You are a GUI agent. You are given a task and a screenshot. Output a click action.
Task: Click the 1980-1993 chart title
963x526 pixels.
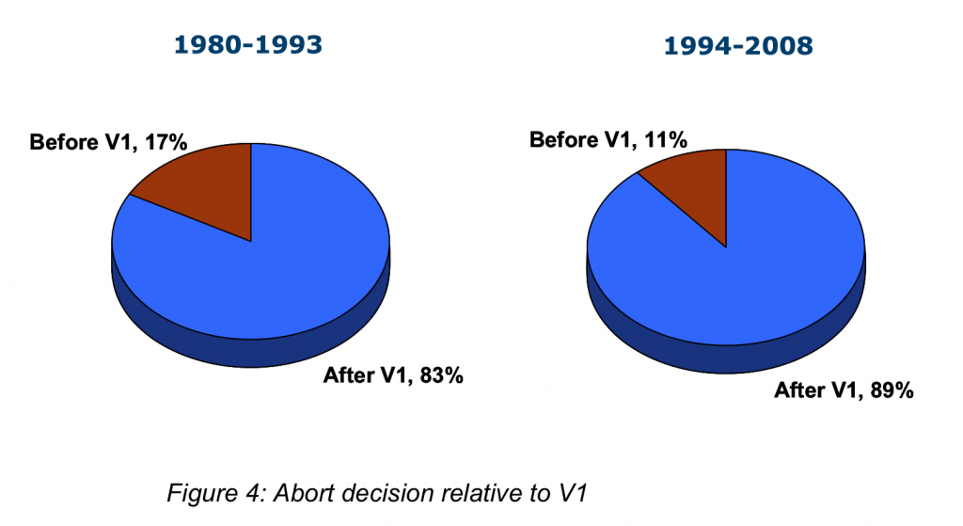click(248, 45)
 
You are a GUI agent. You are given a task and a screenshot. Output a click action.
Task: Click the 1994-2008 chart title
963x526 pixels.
click(738, 46)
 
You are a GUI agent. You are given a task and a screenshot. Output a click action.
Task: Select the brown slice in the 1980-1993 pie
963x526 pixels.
click(209, 184)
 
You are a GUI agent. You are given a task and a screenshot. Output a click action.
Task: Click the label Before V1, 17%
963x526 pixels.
click(108, 143)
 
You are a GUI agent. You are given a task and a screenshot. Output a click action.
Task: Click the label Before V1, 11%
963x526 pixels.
click(608, 140)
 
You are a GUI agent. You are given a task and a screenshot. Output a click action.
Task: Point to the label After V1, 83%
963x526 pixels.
click(393, 375)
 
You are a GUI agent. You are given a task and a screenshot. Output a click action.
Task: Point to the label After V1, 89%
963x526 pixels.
click(844, 391)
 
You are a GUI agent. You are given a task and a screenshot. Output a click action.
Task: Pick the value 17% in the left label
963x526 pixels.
click(166, 143)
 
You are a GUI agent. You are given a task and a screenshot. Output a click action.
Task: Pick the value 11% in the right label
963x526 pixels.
click(666, 140)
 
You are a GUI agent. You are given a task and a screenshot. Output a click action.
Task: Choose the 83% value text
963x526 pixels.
click(442, 375)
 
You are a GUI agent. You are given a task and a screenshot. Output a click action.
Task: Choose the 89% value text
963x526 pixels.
click(892, 391)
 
